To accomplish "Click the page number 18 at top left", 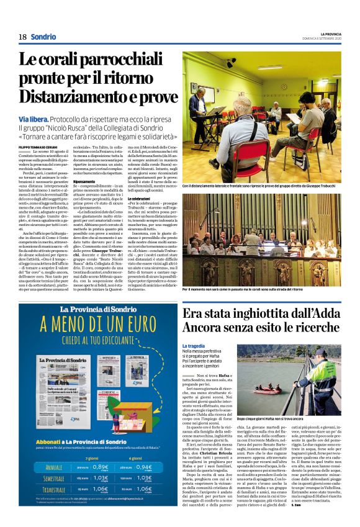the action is [22, 37].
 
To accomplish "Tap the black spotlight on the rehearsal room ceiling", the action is [231, 63].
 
